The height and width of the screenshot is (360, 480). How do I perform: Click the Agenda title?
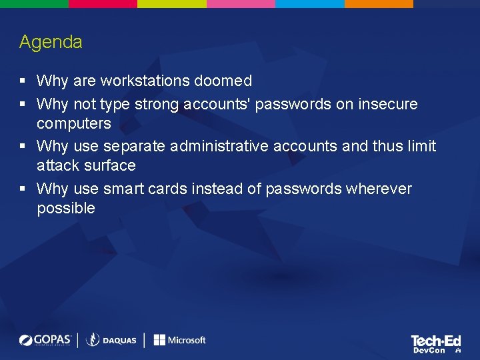[51, 42]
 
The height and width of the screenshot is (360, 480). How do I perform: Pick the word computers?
[73, 124]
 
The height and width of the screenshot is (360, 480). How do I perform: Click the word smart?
[124, 189]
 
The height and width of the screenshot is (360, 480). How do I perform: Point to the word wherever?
[379, 189]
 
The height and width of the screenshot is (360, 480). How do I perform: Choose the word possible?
[66, 209]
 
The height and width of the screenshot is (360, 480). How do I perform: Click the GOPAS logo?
[45, 340]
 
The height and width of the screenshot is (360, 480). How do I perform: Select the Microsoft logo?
[179, 340]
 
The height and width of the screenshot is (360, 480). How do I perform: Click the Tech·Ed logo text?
[436, 341]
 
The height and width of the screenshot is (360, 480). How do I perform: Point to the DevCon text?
[429, 350]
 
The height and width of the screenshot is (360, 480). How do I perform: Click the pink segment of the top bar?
[241, 3]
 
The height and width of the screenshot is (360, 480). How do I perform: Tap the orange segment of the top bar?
[379, 3]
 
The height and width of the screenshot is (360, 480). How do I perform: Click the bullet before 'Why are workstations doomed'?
[23, 81]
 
